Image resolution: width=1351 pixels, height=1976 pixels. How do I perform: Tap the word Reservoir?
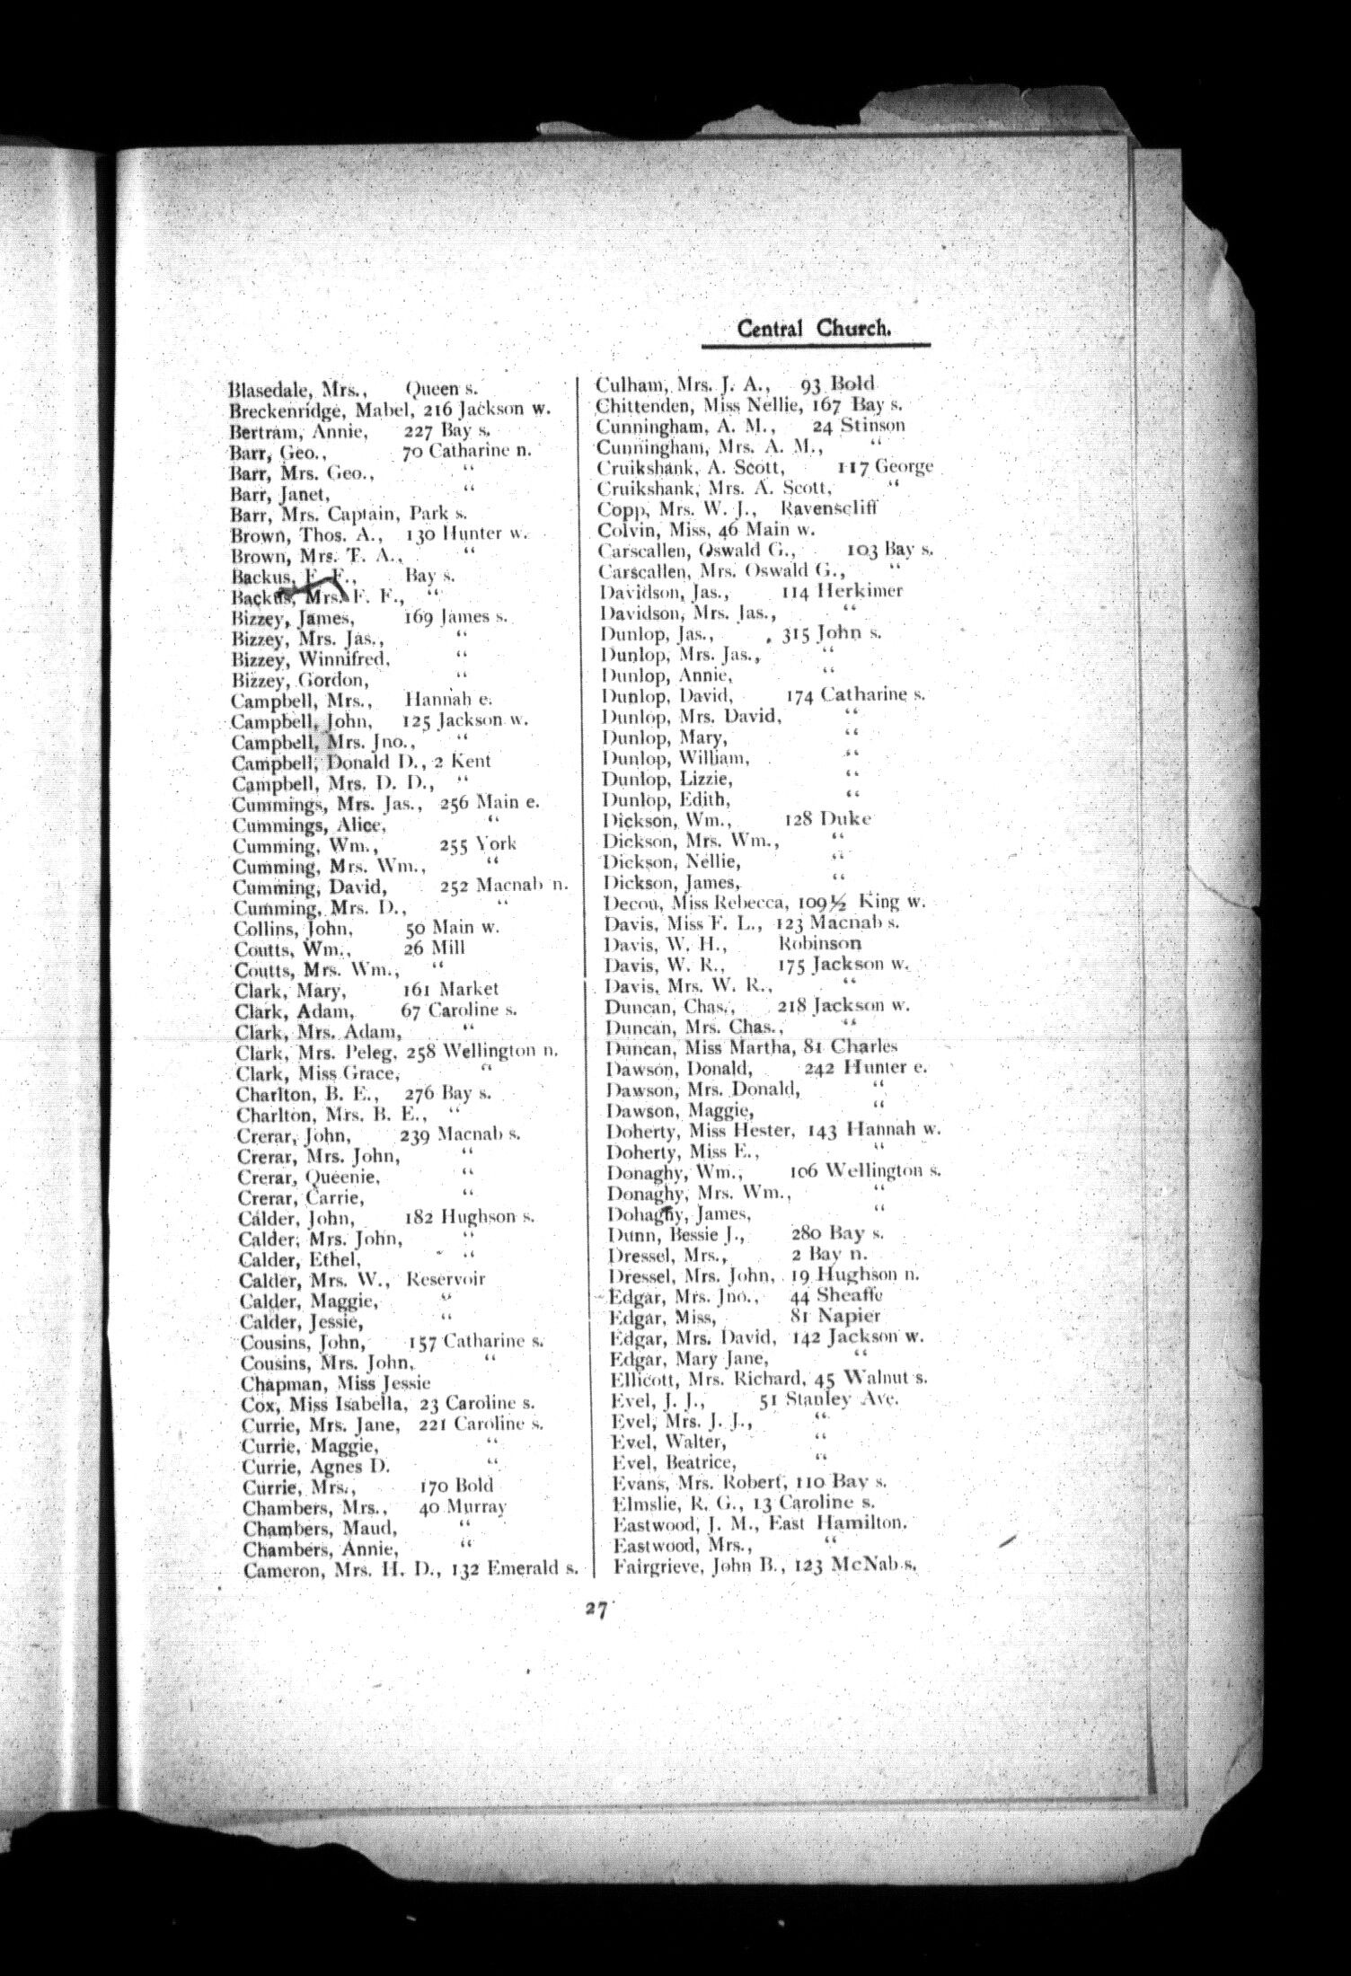[x=446, y=1279]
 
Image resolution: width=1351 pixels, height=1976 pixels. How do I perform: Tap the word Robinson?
[x=820, y=944]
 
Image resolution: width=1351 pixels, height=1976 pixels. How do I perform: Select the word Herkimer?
[x=867, y=591]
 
